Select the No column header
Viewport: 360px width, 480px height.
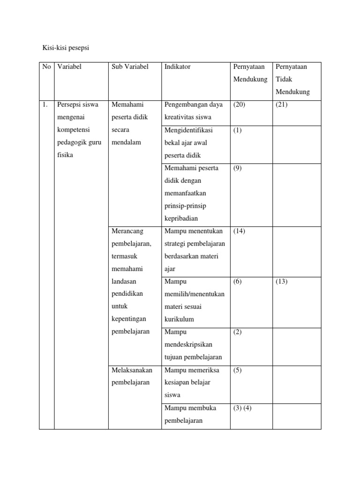point(46,67)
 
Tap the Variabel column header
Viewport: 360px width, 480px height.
point(69,67)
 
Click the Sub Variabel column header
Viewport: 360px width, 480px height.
point(130,67)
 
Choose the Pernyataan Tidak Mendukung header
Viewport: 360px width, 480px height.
point(291,79)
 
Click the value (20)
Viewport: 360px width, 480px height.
point(239,105)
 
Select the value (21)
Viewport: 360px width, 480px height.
point(282,105)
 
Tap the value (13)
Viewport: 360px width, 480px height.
point(282,282)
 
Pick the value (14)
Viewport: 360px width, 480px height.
point(239,231)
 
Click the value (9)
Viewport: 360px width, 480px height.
point(238,168)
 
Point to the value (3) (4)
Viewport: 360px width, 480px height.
point(243,408)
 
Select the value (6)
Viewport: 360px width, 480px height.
point(238,282)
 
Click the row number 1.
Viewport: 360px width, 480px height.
point(45,105)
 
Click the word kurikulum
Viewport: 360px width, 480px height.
point(179,319)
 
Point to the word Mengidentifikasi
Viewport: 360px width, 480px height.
point(187,130)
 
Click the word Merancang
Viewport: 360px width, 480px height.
point(128,231)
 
